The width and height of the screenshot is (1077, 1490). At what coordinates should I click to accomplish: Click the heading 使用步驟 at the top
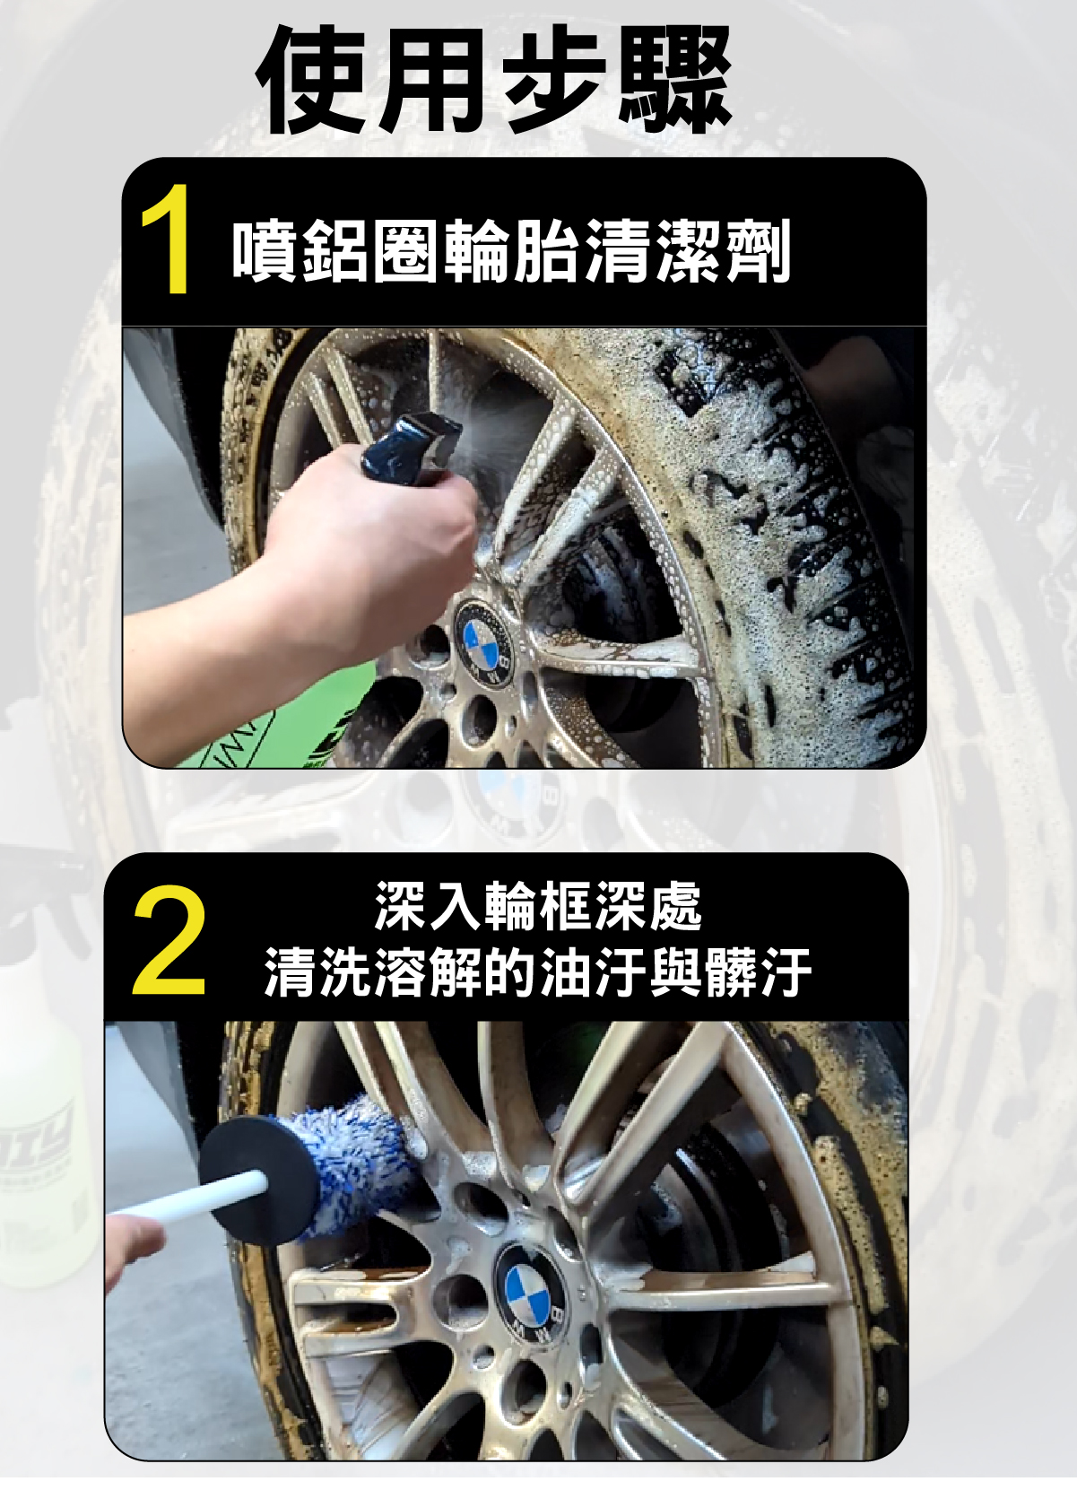493,79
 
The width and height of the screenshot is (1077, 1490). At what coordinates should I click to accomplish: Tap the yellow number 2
169,941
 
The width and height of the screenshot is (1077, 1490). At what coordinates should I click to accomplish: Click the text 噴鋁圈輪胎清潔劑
511,250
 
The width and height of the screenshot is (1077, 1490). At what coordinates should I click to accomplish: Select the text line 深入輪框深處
538,906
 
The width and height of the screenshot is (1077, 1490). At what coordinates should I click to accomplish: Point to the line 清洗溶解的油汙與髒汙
538,972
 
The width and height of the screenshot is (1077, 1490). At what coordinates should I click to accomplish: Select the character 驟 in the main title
674,80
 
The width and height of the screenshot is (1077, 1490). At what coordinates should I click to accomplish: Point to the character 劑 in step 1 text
759,250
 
